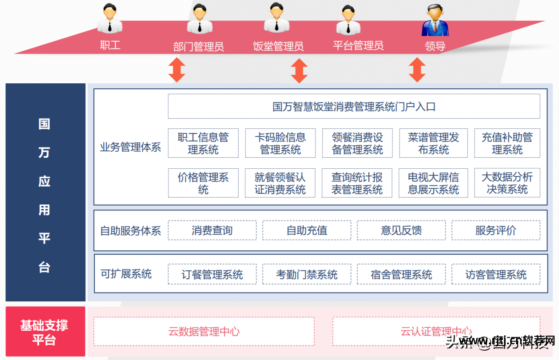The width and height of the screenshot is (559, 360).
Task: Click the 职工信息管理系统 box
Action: pyautogui.click(x=203, y=143)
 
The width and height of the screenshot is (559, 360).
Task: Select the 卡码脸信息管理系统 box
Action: pyautogui.click(x=280, y=143)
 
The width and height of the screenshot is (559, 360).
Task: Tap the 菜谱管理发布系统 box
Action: pyautogui.click(x=433, y=143)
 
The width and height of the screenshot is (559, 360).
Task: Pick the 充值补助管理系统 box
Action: pyautogui.click(x=507, y=143)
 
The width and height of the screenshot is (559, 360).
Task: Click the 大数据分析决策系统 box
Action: pyautogui.click(x=507, y=183)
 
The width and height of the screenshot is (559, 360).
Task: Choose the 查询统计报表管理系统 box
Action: pyautogui.click(x=357, y=183)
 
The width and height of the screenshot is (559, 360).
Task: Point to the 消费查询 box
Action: pyautogui.click(x=212, y=230)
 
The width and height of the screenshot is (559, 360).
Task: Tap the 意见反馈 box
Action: pyautogui.click(x=401, y=230)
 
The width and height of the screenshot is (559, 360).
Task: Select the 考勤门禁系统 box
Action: pyautogui.click(x=306, y=274)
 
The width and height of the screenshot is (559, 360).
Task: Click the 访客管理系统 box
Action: pyautogui.click(x=496, y=274)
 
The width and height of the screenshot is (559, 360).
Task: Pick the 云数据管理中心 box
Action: pyautogui.click(x=204, y=331)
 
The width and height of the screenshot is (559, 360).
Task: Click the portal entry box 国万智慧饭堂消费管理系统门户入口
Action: pyautogui.click(x=354, y=106)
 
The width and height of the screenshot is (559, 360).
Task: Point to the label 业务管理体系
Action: pyautogui.click(x=131, y=147)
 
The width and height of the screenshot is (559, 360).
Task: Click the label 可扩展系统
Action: pyautogui.click(x=126, y=274)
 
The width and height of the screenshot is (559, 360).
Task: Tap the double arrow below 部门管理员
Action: pyautogui.click(x=177, y=70)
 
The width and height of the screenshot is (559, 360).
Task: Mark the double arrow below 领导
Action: pyautogui.click(x=417, y=70)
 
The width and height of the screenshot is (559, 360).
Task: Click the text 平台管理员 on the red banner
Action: pyautogui.click(x=358, y=45)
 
